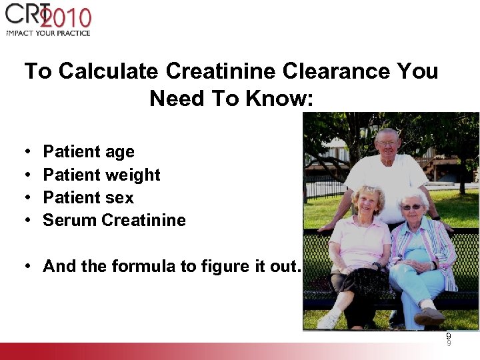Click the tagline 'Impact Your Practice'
[47, 33]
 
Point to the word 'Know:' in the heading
[279, 98]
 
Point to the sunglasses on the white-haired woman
[411, 207]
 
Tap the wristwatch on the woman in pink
[376, 265]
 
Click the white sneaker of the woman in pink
[327, 321]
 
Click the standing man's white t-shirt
[386, 180]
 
